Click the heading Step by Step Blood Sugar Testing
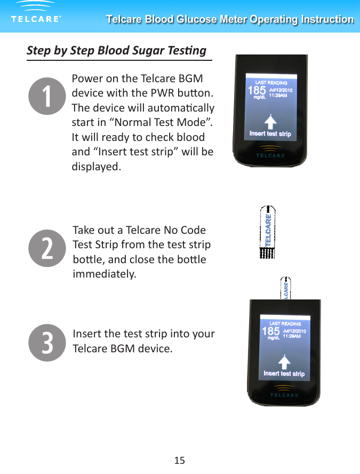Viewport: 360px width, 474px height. click(x=116, y=51)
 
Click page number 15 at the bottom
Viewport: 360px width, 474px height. click(x=180, y=460)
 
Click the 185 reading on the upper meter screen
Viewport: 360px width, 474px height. click(x=257, y=90)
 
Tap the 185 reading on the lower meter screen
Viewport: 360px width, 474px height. click(x=271, y=331)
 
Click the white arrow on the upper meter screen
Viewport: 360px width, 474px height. click(x=270, y=121)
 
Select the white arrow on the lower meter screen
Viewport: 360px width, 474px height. click(x=284, y=361)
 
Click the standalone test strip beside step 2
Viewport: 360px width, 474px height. click(x=267, y=232)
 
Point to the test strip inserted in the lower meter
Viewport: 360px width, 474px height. click(x=286, y=288)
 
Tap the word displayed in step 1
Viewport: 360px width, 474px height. click(x=96, y=167)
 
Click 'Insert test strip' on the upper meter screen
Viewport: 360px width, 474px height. click(x=270, y=133)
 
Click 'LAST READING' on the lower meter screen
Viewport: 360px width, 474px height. click(x=285, y=323)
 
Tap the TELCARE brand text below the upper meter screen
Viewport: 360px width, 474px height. click(x=270, y=156)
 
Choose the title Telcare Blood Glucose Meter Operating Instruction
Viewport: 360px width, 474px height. click(x=230, y=20)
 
